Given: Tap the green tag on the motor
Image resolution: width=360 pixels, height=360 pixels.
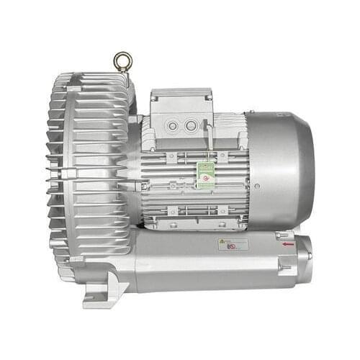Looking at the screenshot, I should pos(206,175).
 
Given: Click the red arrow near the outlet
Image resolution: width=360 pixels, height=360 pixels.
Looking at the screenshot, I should pos(288,243).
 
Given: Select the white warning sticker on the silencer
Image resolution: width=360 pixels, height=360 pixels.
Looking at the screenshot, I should pos(233,244).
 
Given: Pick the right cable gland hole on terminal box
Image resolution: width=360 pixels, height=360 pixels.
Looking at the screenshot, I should pos(191,126).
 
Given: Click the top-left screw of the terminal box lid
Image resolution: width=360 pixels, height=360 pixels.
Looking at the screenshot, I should pos(154,93).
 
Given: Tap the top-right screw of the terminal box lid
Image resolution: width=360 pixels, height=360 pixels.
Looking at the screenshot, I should pos(208,93).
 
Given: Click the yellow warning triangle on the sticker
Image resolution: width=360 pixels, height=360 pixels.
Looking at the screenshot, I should pos(222,242).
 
